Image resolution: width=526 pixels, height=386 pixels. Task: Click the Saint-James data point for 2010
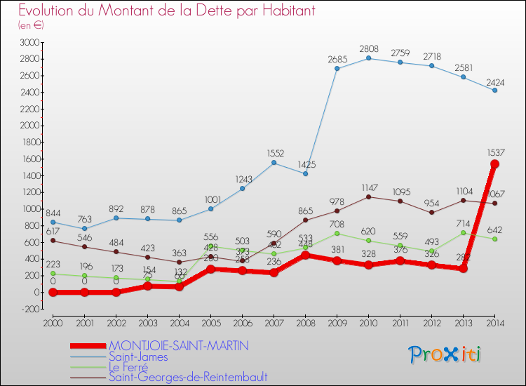coord(369,58)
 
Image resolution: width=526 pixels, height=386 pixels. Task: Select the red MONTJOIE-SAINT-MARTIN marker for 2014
coord(495,164)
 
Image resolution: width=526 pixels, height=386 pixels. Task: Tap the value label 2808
coord(369,49)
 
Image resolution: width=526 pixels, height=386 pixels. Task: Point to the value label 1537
coord(495,152)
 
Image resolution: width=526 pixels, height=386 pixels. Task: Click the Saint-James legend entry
coord(138,357)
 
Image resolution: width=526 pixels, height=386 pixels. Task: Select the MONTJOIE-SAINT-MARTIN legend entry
coord(179,346)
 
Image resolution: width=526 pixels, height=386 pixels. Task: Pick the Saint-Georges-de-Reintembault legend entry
coord(187,378)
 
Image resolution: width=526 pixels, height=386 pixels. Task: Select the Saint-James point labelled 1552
coord(274,163)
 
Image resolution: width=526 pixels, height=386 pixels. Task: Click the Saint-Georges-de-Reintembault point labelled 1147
coord(369,197)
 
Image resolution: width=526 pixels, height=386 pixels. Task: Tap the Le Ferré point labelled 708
coord(337,233)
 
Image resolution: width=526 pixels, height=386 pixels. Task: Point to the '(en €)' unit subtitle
coord(31,25)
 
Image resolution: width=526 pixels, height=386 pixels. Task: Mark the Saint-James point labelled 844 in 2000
coord(53,222)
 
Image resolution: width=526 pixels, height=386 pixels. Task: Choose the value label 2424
coord(495,81)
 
